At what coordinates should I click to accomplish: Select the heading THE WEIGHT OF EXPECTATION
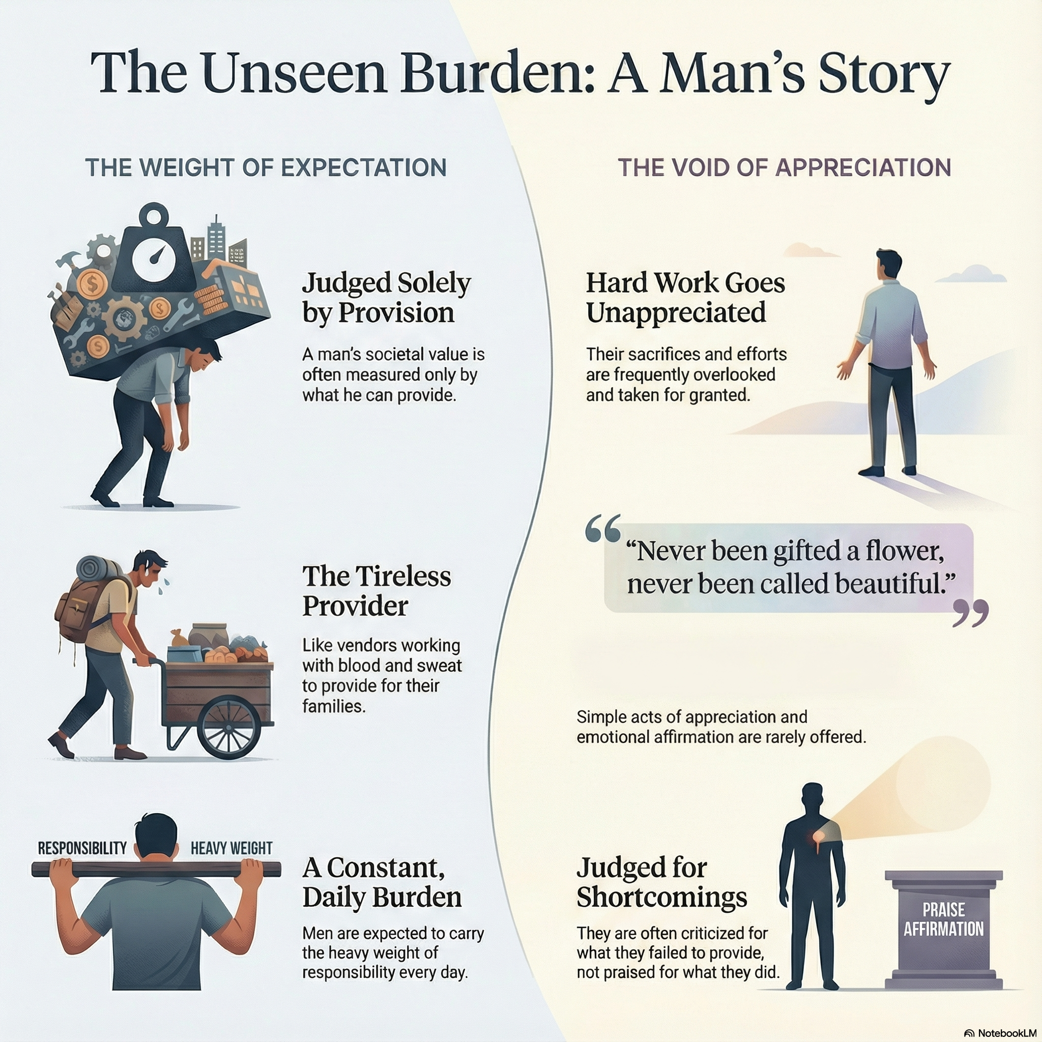point(266,168)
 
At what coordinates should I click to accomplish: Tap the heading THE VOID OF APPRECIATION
point(784,168)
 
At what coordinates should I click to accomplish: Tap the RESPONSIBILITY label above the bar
point(82,848)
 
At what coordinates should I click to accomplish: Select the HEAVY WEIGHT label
point(231,848)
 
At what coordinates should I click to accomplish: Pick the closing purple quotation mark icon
point(970,613)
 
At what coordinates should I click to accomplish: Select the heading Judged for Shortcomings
point(661,883)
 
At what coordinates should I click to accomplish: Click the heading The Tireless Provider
point(376,591)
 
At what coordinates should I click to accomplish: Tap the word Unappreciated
point(676,312)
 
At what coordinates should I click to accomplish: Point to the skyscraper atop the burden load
point(216,237)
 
